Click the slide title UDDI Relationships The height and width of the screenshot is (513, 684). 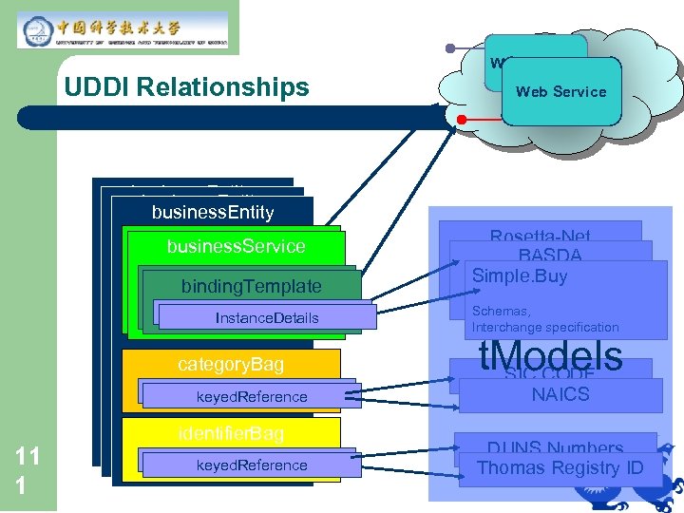(x=186, y=87)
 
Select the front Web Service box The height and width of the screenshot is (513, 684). (x=560, y=92)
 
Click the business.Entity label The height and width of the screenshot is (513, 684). (x=212, y=212)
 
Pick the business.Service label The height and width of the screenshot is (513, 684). (x=236, y=246)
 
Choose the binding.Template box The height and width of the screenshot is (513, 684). (x=252, y=286)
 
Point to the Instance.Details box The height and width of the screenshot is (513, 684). (x=267, y=317)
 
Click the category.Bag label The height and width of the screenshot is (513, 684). (x=231, y=365)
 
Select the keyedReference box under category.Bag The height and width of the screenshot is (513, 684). (x=252, y=396)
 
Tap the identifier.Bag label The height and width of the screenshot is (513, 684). (x=231, y=433)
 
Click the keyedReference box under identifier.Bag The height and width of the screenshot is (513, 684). (x=252, y=465)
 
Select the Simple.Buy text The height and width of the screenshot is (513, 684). (x=519, y=275)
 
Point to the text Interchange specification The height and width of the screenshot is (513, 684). (x=545, y=327)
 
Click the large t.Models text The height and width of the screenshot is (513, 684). (x=550, y=356)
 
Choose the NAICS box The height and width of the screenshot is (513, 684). (x=560, y=395)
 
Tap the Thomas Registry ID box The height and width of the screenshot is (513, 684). (x=560, y=467)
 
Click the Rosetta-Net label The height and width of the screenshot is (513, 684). (x=540, y=236)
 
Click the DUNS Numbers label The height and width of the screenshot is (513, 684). (x=555, y=447)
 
